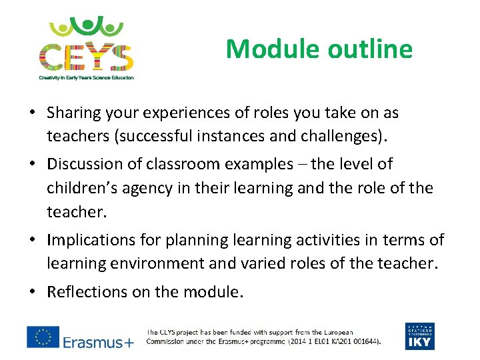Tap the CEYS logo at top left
(x=85, y=44)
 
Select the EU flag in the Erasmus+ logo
(x=43, y=337)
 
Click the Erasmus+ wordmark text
(x=98, y=342)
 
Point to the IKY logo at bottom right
(x=419, y=336)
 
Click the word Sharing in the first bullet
(x=73, y=113)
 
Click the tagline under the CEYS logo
(x=85, y=77)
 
